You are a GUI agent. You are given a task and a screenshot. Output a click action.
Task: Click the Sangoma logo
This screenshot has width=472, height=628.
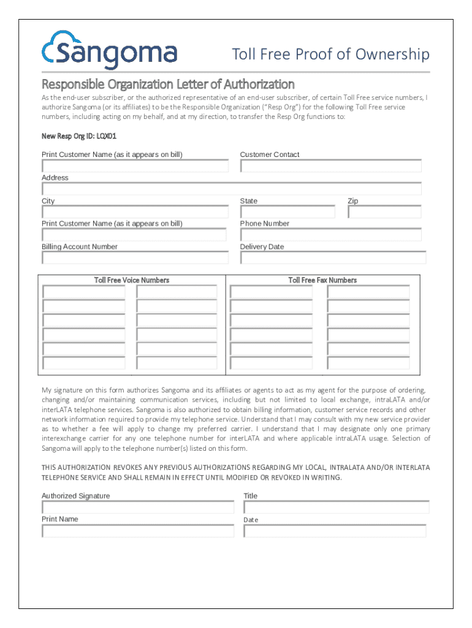109,50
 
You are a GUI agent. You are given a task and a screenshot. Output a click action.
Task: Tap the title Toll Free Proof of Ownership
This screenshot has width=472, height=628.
330,55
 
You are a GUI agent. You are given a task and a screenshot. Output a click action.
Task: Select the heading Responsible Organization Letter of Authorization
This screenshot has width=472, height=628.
168,84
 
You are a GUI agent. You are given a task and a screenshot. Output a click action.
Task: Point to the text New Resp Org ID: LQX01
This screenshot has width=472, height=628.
79,136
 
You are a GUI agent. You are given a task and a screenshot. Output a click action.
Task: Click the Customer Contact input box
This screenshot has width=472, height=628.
330,166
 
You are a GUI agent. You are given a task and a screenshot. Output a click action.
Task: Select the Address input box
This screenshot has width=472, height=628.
231,189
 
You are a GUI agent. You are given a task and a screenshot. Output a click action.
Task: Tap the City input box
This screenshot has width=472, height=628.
135,212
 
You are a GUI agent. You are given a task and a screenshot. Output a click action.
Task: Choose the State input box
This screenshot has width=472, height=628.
287,212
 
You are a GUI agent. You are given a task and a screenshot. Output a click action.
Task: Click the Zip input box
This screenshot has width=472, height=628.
384,212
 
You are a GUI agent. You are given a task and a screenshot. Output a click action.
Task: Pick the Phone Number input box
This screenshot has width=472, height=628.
330,235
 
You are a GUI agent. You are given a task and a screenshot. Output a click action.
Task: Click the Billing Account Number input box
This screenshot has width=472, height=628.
135,258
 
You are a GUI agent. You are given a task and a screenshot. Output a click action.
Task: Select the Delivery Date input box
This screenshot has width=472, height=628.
333,258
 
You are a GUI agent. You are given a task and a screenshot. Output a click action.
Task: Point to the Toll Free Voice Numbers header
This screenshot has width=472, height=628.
132,280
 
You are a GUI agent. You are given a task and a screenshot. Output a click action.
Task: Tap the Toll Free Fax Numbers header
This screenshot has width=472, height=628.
322,280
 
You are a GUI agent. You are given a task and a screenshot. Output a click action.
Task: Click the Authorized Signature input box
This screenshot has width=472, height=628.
138,508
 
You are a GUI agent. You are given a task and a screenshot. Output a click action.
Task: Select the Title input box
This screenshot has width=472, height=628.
336,508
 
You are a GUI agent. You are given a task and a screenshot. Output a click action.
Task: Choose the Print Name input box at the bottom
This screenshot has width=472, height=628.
138,531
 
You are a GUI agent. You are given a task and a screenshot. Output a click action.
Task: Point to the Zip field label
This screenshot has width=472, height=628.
352,201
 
